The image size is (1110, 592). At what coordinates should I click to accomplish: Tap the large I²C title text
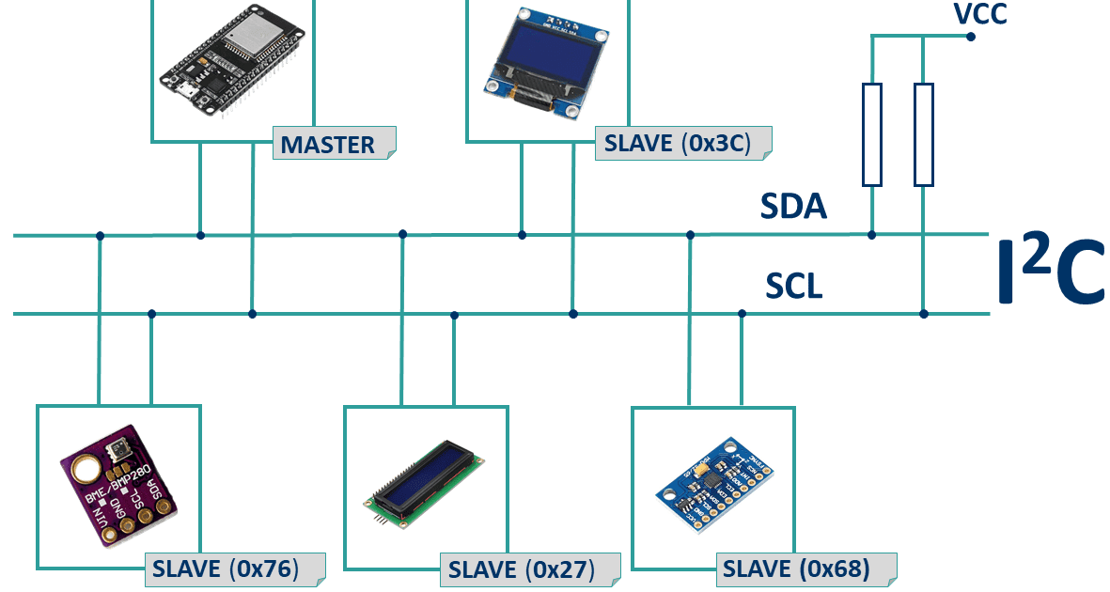(x=1051, y=273)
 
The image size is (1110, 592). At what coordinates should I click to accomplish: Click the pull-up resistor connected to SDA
(x=872, y=133)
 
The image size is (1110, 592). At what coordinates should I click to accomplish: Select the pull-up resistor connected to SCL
(x=924, y=133)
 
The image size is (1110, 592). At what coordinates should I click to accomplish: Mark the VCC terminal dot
(x=971, y=37)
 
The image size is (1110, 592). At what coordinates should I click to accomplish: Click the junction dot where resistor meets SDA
(x=872, y=234)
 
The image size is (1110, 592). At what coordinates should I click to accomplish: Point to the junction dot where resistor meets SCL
(x=924, y=314)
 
